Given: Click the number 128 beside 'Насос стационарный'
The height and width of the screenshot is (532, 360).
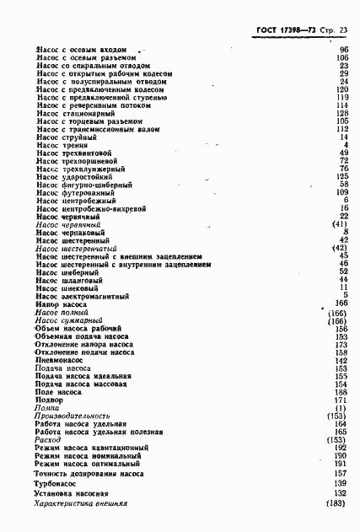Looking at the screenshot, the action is (342, 112).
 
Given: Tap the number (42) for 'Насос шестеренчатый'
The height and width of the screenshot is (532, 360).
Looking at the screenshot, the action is (340, 249).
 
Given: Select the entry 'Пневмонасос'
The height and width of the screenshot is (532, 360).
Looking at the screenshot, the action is (62, 360).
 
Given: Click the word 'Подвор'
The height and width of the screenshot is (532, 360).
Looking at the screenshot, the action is (50, 400).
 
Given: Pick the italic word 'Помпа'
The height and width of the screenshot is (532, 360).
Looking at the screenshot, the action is (47, 408).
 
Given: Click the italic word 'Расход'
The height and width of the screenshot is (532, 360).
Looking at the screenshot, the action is (50, 440).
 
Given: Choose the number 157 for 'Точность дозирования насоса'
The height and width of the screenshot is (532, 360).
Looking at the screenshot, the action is (342, 474).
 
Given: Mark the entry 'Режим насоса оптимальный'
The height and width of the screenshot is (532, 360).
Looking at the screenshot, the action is (86, 464).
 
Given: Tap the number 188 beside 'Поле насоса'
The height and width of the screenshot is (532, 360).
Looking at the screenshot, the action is (342, 392).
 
